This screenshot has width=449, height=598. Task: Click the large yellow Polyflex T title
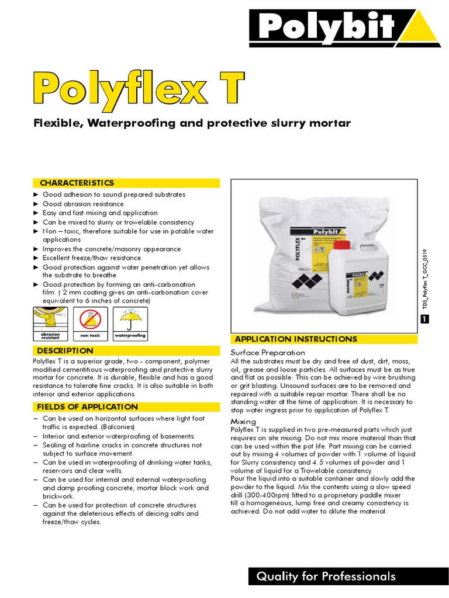[x=138, y=88]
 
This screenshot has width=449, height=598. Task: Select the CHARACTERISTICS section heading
[x=77, y=183]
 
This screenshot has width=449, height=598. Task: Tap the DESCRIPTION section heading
[x=65, y=350]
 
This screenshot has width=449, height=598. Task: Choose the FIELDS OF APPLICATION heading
[x=87, y=406]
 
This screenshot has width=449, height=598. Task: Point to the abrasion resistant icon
[x=50, y=323]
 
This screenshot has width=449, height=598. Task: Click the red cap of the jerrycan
[x=341, y=245]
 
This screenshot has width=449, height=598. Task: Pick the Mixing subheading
[x=243, y=421]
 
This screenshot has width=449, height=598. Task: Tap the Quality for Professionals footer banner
[x=326, y=576]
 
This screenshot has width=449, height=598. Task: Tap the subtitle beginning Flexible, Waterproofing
[x=191, y=123]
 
